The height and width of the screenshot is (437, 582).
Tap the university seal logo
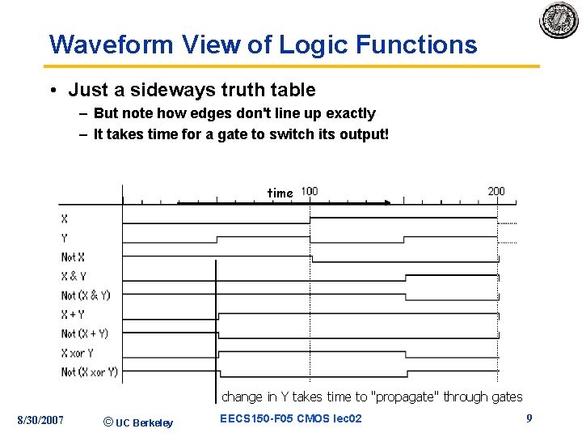(x=559, y=20)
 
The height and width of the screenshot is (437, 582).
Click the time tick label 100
(x=310, y=192)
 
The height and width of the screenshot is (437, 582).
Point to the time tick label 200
(x=496, y=192)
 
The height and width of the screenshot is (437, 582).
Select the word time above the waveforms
(x=280, y=193)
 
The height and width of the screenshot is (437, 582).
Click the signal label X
(x=65, y=218)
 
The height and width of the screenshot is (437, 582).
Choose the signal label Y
(x=65, y=238)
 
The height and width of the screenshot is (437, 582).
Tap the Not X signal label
(x=73, y=257)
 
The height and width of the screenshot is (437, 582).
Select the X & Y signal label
(x=74, y=276)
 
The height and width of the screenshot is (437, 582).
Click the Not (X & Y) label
(x=86, y=295)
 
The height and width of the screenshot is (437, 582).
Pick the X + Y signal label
(x=73, y=315)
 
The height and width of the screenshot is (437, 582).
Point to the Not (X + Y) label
(x=85, y=333)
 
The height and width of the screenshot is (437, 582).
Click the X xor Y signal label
(x=78, y=353)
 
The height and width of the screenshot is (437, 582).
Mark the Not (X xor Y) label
(x=90, y=372)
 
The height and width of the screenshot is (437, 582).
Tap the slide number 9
(x=529, y=418)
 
